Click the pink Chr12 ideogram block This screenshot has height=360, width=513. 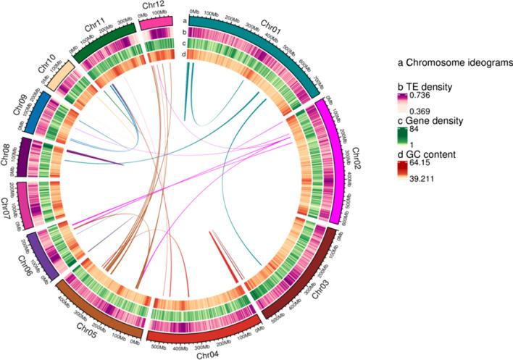(157, 23)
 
